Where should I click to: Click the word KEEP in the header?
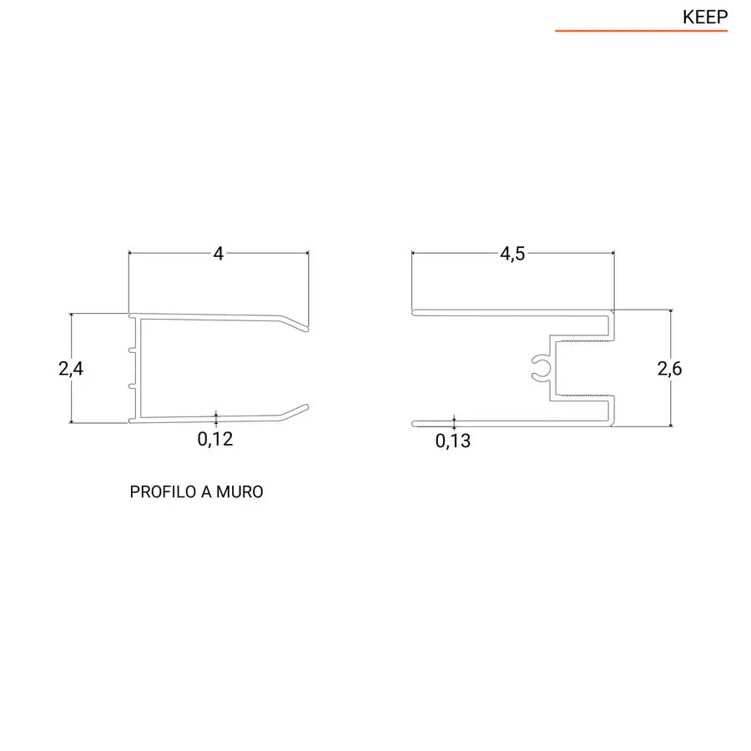click(x=705, y=17)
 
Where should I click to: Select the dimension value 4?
click(x=219, y=254)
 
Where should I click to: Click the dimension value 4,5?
click(x=512, y=254)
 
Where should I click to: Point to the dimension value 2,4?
click(x=71, y=368)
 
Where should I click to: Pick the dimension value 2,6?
click(x=670, y=368)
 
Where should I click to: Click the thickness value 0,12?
click(x=215, y=439)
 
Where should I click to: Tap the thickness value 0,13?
click(x=453, y=441)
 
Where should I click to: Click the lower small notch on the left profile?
click(x=133, y=386)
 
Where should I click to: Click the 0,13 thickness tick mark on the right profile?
click(x=453, y=421)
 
